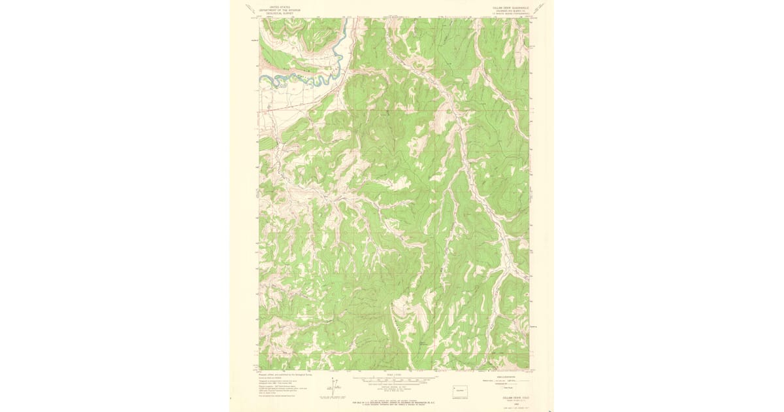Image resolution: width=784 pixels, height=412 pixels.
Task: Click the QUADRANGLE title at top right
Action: (511, 5)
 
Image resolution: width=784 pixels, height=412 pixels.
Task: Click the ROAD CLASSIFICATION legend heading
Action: (502, 375)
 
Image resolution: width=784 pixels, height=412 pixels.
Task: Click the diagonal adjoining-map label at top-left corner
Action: (250, 9)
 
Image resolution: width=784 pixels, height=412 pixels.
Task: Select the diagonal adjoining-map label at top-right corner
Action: (538, 9)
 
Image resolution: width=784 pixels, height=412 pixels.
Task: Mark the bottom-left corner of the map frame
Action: (259, 369)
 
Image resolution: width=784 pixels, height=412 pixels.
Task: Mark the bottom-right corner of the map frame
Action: (529, 369)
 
